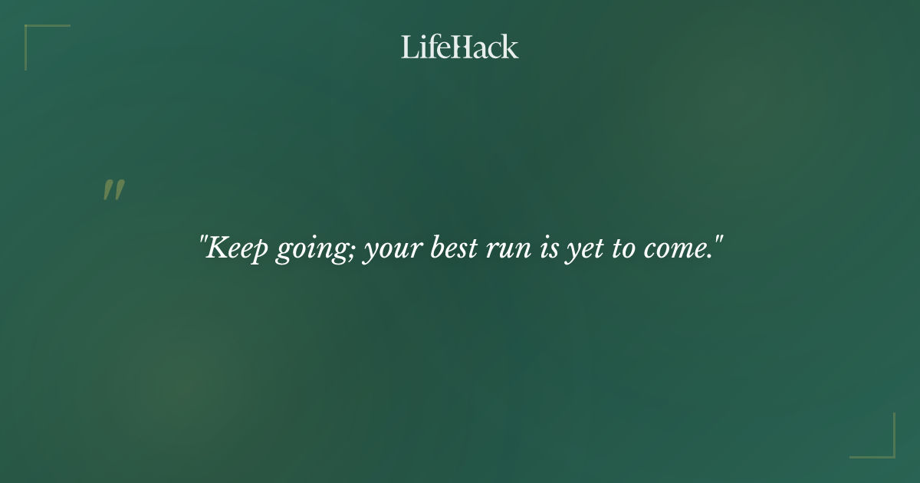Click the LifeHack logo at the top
point(460,48)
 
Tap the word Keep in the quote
point(235,249)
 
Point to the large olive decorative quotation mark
point(113,191)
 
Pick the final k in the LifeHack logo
point(510,48)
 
